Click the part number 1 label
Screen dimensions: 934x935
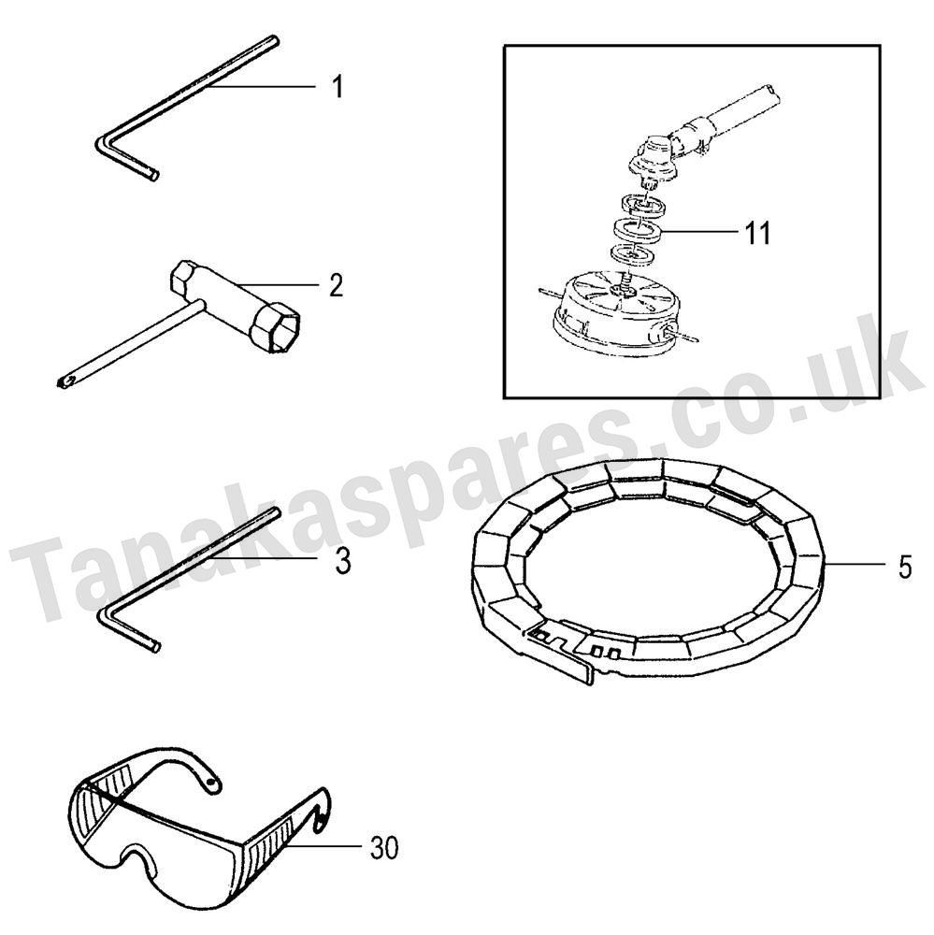pyautogui.click(x=338, y=87)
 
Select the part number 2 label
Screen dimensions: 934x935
pyautogui.click(x=337, y=285)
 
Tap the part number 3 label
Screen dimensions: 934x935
pyautogui.click(x=343, y=562)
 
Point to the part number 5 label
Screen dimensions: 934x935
pyautogui.click(x=905, y=568)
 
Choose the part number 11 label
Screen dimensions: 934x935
pyautogui.click(x=758, y=233)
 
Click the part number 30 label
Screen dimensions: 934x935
pyautogui.click(x=383, y=848)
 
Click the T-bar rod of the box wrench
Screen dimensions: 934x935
pyautogui.click(x=131, y=345)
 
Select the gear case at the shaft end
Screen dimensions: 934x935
pyautogui.click(x=654, y=159)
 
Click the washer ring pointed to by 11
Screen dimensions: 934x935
pyautogui.click(x=637, y=230)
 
